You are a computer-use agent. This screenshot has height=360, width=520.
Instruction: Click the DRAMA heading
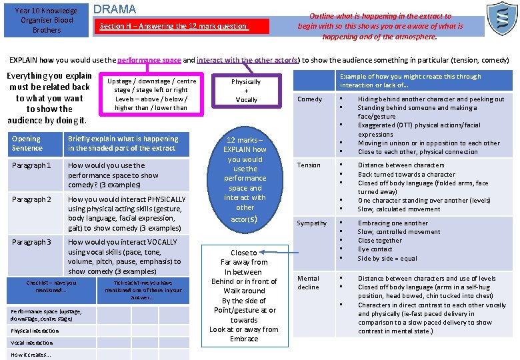[115, 9]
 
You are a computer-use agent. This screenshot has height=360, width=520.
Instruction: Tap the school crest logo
[501, 19]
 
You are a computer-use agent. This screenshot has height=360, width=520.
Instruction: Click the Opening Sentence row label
[27, 143]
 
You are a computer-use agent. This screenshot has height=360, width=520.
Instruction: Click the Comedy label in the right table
[309, 99]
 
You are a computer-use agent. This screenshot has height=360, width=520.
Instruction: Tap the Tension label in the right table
[309, 165]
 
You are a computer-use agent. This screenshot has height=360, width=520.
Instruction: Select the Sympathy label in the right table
[312, 223]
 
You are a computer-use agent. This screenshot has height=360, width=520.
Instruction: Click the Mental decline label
[308, 282]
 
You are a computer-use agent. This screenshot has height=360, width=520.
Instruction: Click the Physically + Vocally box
[246, 91]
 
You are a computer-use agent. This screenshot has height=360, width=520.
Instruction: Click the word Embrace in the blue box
[244, 339]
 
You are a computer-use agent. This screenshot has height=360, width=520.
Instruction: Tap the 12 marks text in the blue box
[245, 140]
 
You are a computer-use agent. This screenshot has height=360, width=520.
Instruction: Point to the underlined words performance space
[153, 60]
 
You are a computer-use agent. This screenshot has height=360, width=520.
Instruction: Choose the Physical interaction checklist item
[35, 331]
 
